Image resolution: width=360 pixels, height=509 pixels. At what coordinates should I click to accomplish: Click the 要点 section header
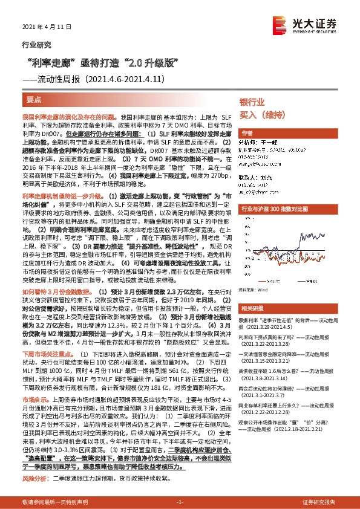pyautogui.click(x=35, y=98)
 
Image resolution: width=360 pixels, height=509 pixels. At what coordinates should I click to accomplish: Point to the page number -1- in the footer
pyautogui.click(x=179, y=502)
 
